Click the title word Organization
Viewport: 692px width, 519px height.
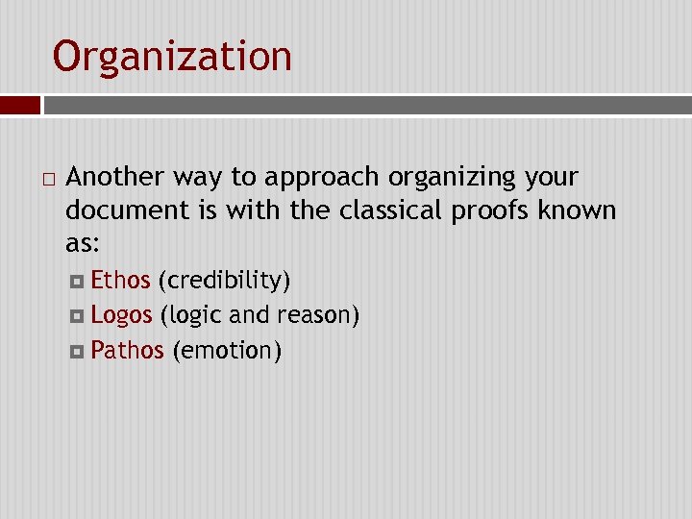(x=172, y=57)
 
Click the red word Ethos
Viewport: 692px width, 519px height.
(x=120, y=281)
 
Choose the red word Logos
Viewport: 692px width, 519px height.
(x=121, y=315)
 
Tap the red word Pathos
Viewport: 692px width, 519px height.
(x=127, y=350)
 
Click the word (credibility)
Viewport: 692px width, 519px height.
(x=224, y=281)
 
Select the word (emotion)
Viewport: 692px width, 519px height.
(x=227, y=351)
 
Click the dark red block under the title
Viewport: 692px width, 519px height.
(x=19, y=105)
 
